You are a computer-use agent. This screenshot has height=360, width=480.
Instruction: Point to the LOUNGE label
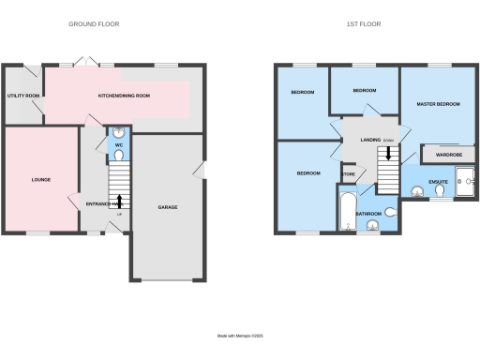point(40,179)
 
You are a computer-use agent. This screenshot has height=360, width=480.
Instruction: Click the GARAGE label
point(168,207)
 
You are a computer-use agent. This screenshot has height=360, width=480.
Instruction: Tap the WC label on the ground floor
point(119,146)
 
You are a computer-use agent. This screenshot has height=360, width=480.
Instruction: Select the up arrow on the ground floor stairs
point(119,200)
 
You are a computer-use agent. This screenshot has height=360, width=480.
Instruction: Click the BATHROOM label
point(368,215)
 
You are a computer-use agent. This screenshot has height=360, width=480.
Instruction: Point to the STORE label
point(349,174)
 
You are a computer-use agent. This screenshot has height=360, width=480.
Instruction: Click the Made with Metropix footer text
point(239,334)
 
